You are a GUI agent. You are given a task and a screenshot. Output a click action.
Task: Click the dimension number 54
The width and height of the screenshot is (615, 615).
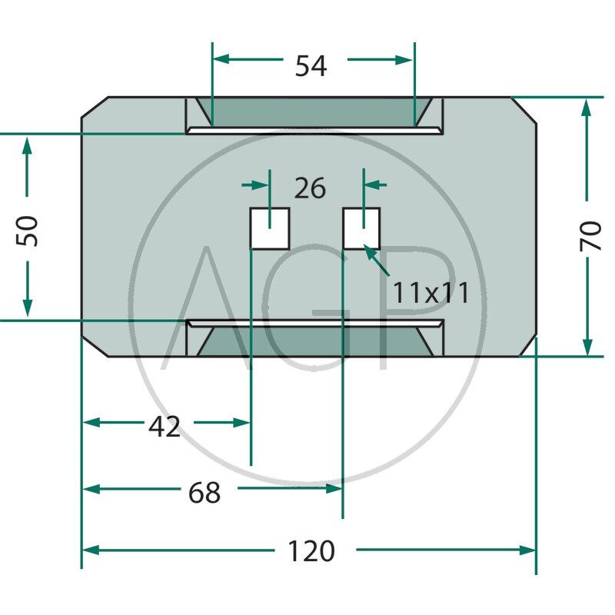coord(311,67)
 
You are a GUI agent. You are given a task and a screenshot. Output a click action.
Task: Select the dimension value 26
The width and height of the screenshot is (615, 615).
coord(310,188)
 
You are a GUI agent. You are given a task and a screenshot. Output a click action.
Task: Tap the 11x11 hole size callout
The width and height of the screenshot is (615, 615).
coord(430,292)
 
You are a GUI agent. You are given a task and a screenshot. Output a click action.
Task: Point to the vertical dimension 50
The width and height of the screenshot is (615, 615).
coord(28,230)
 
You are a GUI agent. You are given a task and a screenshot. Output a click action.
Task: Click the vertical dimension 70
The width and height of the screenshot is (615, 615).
coord(590,235)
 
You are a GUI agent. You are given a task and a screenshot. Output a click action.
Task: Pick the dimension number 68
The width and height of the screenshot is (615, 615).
coord(204,493)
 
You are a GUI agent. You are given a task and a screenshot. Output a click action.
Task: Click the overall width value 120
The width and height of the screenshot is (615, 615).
coord(311,551)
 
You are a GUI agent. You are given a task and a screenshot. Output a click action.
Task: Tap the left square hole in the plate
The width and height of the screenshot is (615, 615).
coord(270,228)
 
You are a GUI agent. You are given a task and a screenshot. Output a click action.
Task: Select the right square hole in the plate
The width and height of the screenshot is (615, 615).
coord(361,228)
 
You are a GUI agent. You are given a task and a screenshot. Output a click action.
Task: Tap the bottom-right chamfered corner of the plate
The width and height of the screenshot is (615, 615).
coord(526,347)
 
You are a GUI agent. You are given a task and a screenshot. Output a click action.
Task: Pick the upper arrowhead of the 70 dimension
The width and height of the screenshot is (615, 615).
coord(587,108)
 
